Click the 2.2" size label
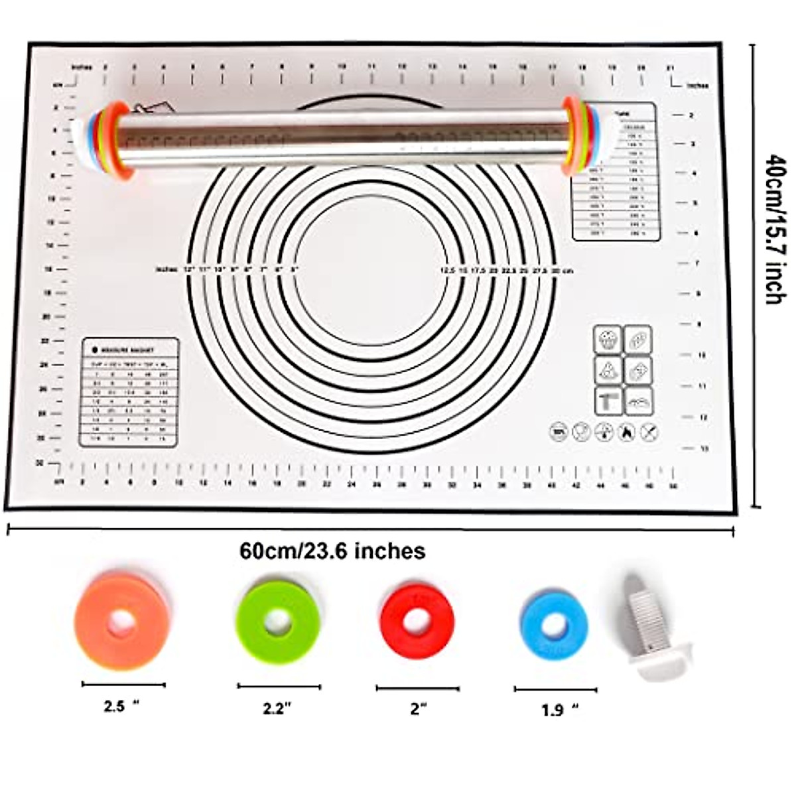(x=277, y=708)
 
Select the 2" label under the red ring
(x=417, y=709)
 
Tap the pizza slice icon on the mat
(x=608, y=371)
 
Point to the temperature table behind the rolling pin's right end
(x=617, y=199)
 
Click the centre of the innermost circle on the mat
(x=369, y=270)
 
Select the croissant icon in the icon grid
(x=639, y=401)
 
